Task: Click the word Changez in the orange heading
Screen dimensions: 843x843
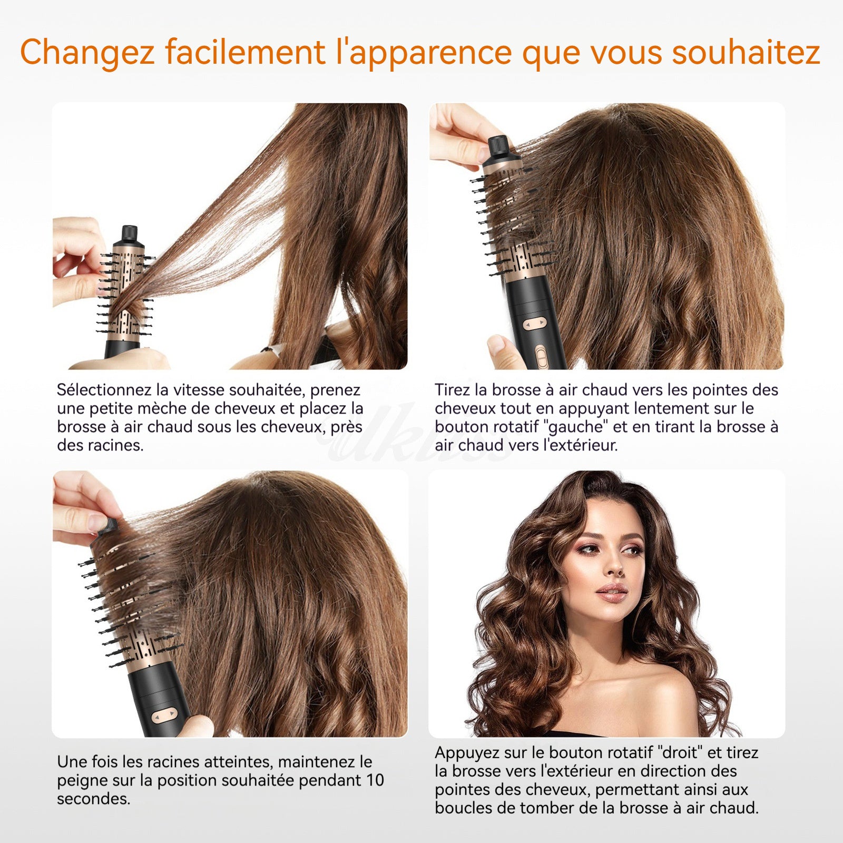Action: pos(87,53)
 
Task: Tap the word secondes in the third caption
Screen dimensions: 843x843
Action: pos(93,799)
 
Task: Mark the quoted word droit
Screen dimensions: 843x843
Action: pos(680,752)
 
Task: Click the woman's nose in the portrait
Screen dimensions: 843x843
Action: pos(613,568)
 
